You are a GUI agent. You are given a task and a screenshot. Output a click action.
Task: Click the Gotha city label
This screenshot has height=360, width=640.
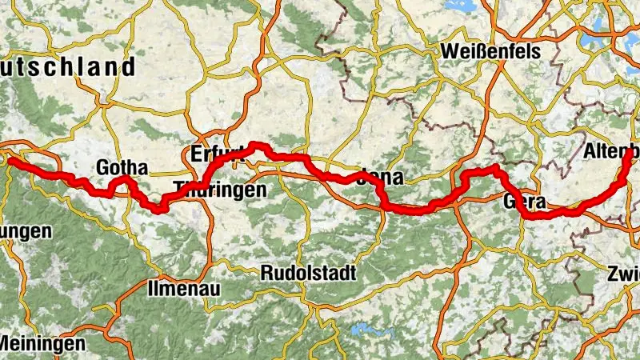click(122, 168)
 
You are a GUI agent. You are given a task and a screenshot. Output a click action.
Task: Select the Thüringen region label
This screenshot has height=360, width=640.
click(218, 191)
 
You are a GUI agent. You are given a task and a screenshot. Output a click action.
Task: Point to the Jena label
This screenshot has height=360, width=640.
click(382, 177)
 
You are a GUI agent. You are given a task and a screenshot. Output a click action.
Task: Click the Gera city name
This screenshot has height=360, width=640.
click(525, 202)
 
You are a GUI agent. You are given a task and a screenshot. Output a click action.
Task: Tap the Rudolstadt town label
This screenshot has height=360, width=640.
click(308, 272)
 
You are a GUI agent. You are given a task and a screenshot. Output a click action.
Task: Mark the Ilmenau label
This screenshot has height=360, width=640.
click(177, 286)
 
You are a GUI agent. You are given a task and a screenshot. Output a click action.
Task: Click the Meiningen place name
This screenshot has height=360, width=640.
click(42, 343)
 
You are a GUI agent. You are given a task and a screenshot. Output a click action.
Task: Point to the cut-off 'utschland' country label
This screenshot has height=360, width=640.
click(68, 66)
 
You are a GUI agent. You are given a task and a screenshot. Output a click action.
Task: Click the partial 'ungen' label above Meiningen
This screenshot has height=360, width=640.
click(26, 232)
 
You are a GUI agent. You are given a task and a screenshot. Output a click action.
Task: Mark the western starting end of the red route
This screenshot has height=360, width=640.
click(10, 161)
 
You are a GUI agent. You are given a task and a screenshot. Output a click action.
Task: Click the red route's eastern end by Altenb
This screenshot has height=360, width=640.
click(626, 159)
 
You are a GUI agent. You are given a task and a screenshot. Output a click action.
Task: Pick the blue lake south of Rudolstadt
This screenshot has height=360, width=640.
click(366, 328)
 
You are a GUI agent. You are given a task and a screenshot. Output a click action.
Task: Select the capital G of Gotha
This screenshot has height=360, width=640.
click(102, 168)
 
